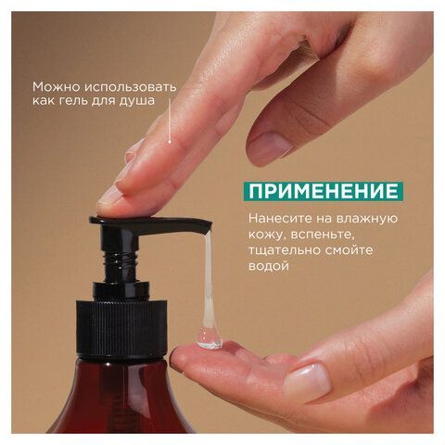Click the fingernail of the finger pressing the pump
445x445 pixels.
tap(112, 194)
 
